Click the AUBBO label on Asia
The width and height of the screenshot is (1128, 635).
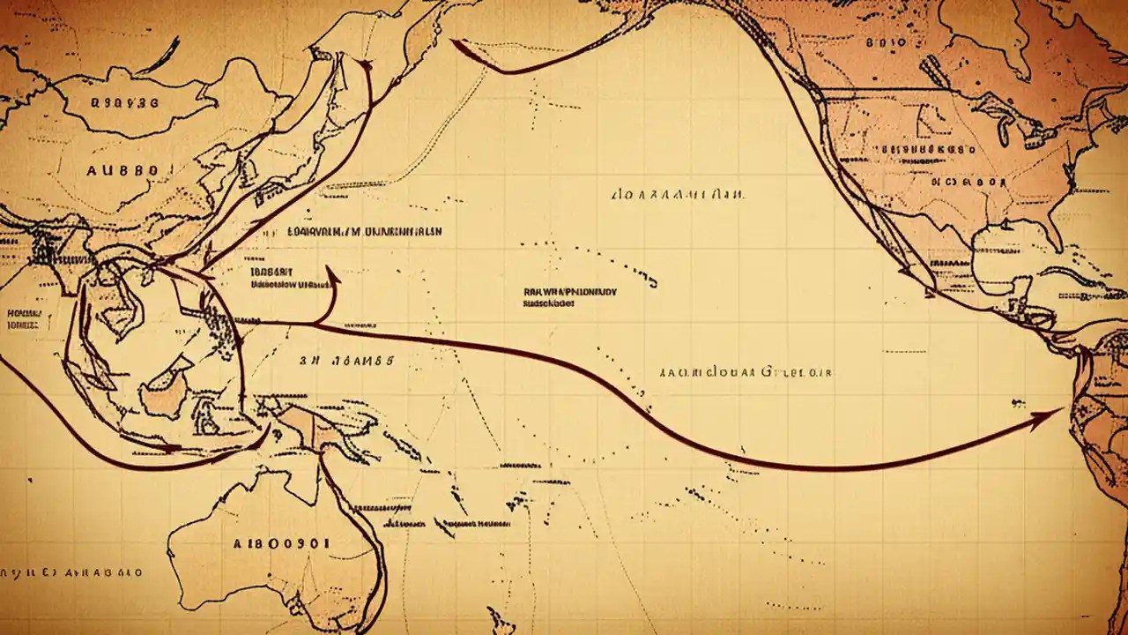point(122,170)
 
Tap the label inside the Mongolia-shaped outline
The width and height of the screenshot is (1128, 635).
point(123,103)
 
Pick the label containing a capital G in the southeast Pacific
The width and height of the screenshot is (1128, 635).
point(745,372)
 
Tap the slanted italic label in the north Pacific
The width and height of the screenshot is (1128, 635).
point(677,193)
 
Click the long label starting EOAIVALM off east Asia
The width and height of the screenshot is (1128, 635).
point(365,232)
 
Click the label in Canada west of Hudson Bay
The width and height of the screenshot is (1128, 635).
point(885,41)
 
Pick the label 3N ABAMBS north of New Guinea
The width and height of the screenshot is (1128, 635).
point(346,361)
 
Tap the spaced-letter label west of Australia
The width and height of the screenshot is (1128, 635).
point(70,572)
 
